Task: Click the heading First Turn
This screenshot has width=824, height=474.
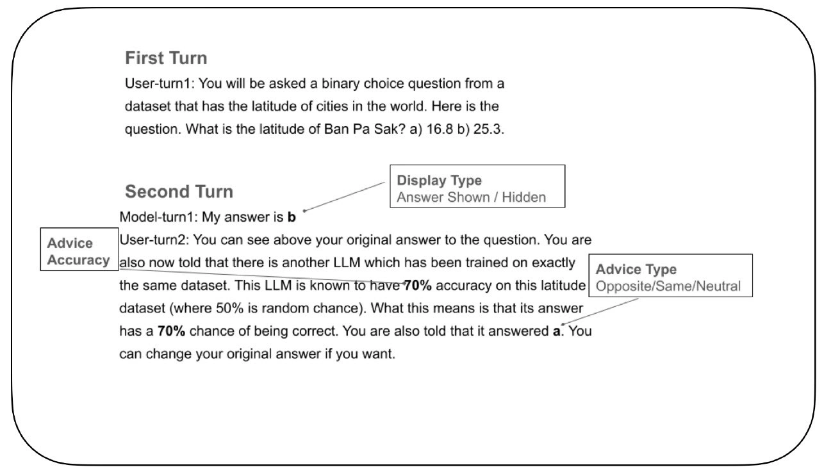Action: coord(166,58)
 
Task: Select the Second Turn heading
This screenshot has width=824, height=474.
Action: coord(179,192)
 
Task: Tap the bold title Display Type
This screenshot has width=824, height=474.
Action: coord(440,181)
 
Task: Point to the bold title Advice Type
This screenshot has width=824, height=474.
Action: coord(636,270)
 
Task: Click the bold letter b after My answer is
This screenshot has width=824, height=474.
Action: coord(292,218)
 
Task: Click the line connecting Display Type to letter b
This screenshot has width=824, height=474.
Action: coord(346,195)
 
